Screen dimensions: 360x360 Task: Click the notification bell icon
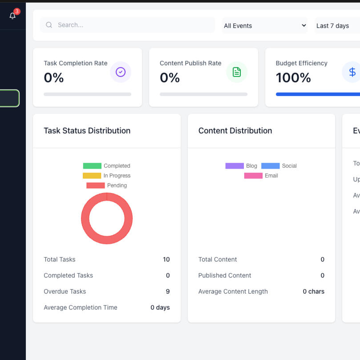coord(12,16)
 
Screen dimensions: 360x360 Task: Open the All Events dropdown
coord(265,25)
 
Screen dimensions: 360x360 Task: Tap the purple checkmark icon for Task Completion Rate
coord(121,72)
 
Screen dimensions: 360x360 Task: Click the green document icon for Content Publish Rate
coord(237,72)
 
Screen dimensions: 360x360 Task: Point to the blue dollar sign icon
coord(352,72)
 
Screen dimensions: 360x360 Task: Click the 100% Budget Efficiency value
coord(293,78)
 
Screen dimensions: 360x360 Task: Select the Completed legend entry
coord(106,166)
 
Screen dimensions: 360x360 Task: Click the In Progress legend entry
coord(106,175)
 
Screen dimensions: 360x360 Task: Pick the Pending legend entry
coord(106,185)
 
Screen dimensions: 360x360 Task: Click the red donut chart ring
coord(85,218)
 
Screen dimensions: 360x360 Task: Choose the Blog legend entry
coord(241,166)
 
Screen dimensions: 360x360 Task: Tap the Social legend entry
coord(279,166)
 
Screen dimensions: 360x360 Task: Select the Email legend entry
coord(261,175)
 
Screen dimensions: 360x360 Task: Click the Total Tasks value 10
coord(166,259)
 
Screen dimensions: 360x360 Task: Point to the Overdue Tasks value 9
coord(168,291)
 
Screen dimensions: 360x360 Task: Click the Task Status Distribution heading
coord(87,130)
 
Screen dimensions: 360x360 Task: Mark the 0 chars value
coord(313,291)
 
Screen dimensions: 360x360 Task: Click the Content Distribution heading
coord(235,130)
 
